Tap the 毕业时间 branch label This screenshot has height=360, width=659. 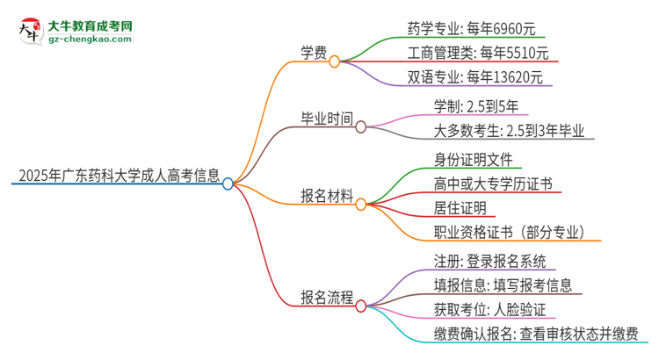325,127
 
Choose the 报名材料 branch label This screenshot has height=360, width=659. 325,204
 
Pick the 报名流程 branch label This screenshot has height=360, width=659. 325,299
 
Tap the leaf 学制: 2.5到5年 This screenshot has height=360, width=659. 475,107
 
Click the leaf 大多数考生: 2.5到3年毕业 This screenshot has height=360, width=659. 514,132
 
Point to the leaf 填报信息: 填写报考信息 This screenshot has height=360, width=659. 503,284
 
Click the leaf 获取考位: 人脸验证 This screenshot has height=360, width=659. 489,309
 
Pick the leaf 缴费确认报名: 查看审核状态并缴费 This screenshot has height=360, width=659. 540,333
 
